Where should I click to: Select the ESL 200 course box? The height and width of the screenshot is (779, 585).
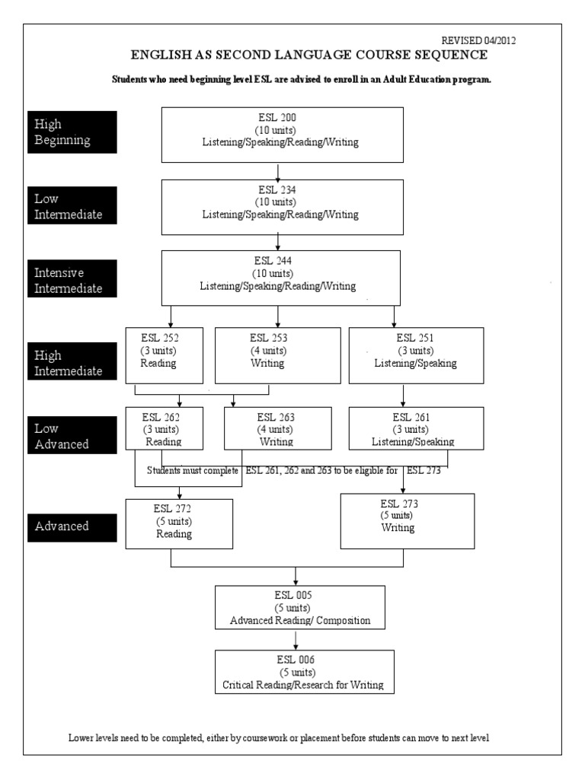pos(282,134)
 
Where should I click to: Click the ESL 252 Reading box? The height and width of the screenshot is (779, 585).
pos(165,355)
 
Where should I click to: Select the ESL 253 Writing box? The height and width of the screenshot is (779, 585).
pos(268,355)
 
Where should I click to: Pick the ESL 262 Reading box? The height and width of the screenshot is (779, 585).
pos(164,429)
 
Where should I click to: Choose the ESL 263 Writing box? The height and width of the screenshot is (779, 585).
pos(277,429)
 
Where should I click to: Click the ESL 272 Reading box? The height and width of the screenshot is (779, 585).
pos(179,523)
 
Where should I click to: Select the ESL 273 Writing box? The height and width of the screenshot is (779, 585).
pos(407,520)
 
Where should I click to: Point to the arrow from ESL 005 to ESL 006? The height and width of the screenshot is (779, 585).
pos(296,641)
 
